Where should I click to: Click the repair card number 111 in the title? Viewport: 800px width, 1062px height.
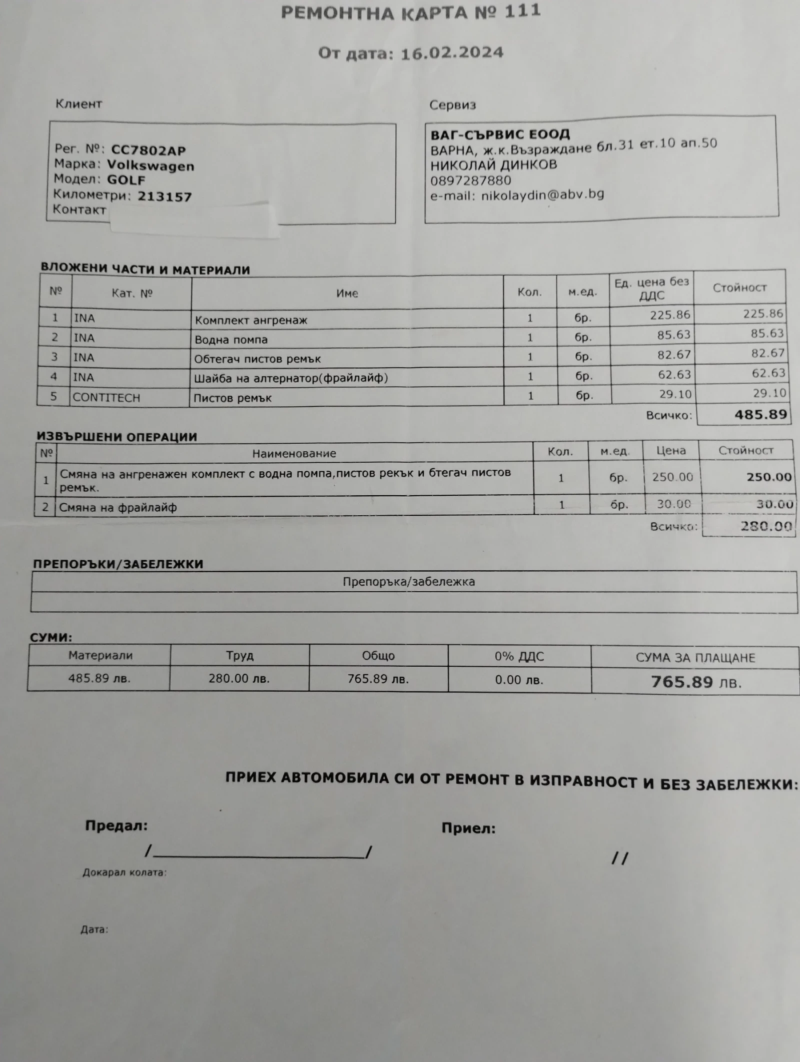[522, 11]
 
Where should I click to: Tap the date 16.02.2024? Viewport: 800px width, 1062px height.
[452, 52]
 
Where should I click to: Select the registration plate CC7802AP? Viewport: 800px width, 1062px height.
[148, 150]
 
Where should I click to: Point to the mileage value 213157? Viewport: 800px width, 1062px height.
[164, 196]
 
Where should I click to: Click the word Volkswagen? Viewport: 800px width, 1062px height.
[150, 165]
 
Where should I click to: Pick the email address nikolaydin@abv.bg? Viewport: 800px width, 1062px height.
[542, 195]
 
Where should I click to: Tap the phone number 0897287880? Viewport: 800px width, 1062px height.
[470, 180]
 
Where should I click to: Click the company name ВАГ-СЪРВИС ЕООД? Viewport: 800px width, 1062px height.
[500, 134]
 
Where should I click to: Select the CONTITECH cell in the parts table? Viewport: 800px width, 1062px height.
[106, 398]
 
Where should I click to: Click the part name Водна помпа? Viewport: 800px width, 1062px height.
[231, 340]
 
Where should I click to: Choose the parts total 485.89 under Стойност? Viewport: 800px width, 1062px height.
[760, 414]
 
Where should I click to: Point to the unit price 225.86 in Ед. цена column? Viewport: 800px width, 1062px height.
[670, 315]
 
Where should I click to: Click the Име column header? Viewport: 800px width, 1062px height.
[347, 293]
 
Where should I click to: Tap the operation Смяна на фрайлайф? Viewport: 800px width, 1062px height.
[118, 508]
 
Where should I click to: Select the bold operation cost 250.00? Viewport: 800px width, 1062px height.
[769, 477]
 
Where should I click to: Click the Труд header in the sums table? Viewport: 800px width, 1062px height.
[239, 655]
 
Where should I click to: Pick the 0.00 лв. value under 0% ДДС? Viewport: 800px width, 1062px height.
[519, 680]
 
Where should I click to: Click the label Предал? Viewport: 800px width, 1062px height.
[116, 826]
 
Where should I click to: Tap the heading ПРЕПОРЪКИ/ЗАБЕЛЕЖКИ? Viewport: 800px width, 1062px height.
[118, 564]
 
